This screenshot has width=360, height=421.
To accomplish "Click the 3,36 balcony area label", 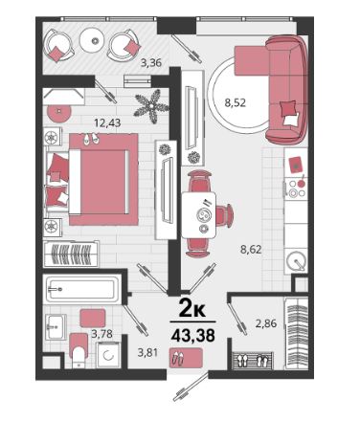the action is pyautogui.click(x=151, y=63).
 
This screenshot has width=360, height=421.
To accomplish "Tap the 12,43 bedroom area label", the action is pyautogui.click(x=107, y=122).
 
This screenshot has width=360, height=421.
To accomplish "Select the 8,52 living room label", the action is pyautogui.click(x=236, y=102).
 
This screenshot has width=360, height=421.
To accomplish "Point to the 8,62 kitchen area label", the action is pyautogui.click(x=251, y=249).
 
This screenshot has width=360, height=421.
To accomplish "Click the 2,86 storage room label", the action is pyautogui.click(x=266, y=323).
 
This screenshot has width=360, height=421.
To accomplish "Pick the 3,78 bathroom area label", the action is pyautogui.click(x=102, y=334).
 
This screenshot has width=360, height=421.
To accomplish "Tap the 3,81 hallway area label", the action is pyautogui.click(x=147, y=353).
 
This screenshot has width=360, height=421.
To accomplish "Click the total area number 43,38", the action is pyautogui.click(x=192, y=335).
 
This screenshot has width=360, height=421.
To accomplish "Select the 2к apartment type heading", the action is pyautogui.click(x=192, y=308).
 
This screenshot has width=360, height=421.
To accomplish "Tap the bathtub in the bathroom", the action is pyautogui.click(x=81, y=289).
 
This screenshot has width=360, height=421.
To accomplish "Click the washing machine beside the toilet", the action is pyautogui.click(x=109, y=355).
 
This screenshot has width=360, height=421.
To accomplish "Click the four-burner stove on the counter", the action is pyautogui.click(x=296, y=188).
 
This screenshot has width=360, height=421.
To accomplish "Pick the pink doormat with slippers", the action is pyautogui.click(x=186, y=358).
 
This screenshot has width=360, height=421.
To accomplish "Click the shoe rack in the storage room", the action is pyautogui.click(x=253, y=361).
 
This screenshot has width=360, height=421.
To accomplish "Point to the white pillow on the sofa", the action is pyautogui.click(x=291, y=120).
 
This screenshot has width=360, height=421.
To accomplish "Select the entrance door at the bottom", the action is pyautogui.click(x=191, y=386).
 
